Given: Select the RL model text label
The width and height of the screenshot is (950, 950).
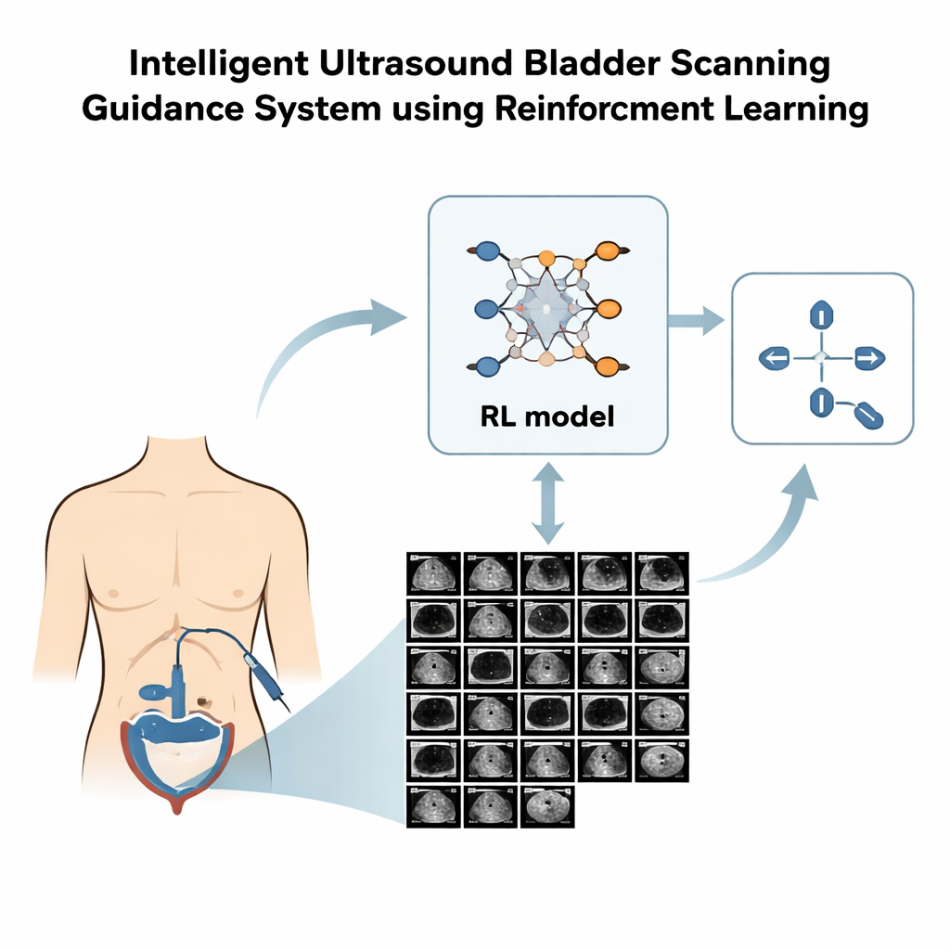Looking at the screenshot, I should (x=547, y=417).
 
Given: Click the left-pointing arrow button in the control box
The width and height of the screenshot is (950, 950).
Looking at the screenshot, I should (x=775, y=357).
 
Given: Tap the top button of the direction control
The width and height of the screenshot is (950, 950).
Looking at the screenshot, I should (x=820, y=315).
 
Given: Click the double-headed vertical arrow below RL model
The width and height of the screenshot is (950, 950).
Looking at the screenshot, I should (x=547, y=507).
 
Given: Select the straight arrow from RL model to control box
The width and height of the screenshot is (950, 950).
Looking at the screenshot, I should (x=696, y=322).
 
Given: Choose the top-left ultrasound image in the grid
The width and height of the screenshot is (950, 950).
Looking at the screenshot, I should (x=433, y=572).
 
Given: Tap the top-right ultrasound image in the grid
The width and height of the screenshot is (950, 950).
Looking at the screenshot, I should (x=662, y=572).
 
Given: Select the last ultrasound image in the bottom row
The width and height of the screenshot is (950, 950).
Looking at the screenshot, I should (x=547, y=806).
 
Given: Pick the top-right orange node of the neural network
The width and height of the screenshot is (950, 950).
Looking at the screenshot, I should (x=609, y=250).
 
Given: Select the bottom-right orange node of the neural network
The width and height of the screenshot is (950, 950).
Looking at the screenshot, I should (x=609, y=365).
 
